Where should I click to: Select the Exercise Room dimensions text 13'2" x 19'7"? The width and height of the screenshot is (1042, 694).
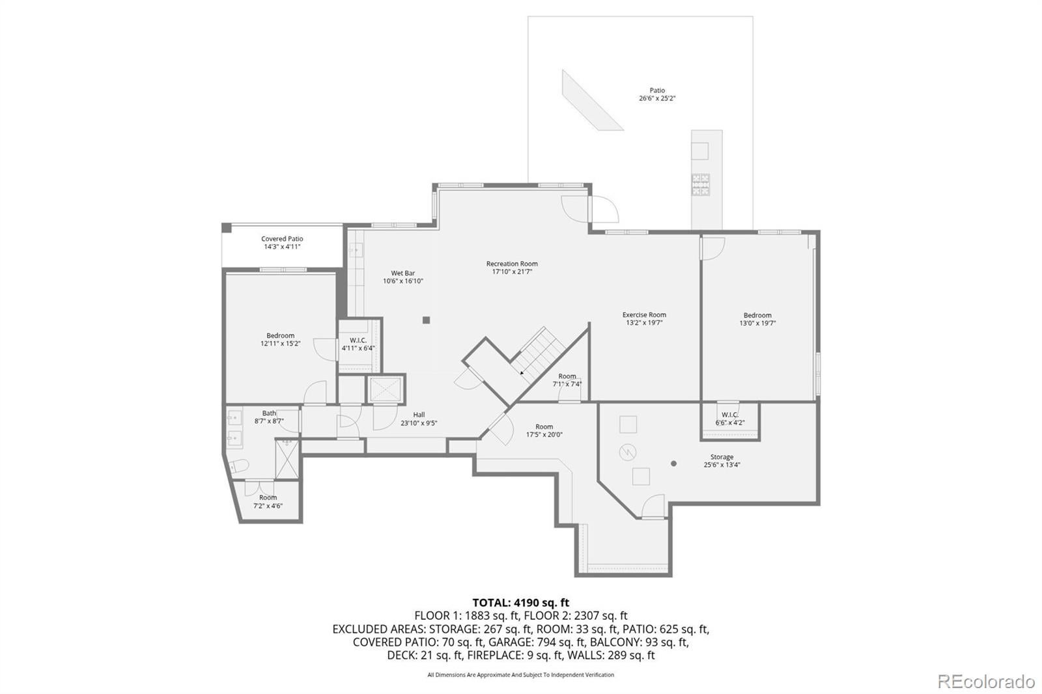(644, 323)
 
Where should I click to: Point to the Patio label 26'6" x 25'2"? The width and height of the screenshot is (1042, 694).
(656, 94)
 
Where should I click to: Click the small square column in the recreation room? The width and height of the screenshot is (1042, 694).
(427, 320)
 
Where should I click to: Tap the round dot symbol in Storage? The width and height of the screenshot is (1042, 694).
(673, 464)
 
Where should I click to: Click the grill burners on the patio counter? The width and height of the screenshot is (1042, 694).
(701, 184)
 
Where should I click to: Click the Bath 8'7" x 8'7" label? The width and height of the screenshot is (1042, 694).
(269, 417)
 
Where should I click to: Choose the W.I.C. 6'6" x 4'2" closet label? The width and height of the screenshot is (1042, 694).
(729, 418)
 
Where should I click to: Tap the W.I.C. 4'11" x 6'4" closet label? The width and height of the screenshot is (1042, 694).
(358, 344)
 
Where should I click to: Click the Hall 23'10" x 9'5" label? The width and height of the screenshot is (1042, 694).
(419, 419)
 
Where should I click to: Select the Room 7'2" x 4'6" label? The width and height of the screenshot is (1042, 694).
(268, 501)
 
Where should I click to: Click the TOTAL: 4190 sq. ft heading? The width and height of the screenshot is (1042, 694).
(520, 602)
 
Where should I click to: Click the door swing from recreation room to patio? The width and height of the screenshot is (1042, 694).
(606, 210)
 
